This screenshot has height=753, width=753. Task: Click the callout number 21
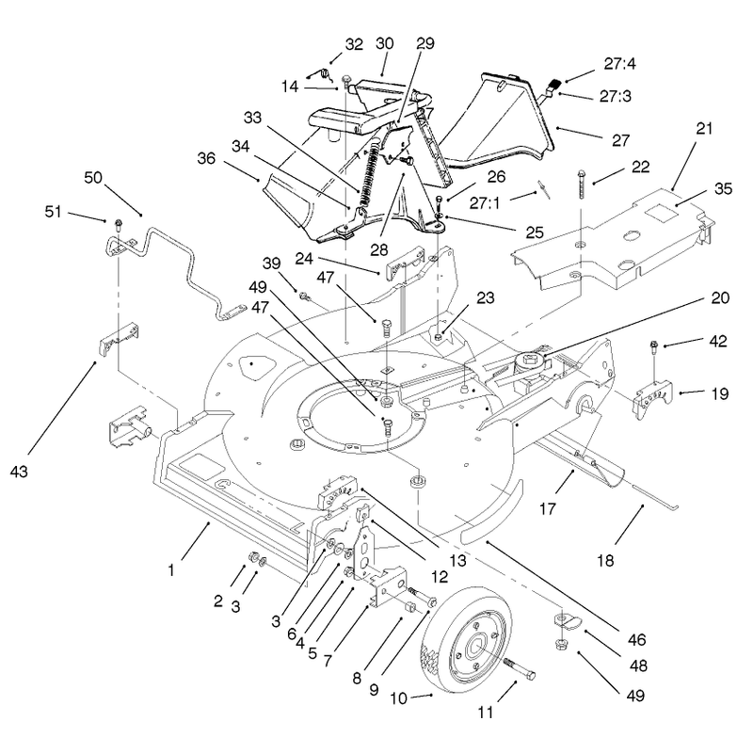pos(703,129)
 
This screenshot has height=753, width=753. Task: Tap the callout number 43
pos(19,472)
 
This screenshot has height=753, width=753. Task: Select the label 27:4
pos(620,63)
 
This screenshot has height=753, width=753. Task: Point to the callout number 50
pos(93,178)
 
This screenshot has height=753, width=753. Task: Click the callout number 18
pos(605,560)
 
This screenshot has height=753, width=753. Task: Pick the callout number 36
pos(206,158)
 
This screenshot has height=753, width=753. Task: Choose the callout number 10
pos(398,698)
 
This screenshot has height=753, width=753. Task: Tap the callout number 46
pos(637,640)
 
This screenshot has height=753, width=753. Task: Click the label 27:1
pos(485,203)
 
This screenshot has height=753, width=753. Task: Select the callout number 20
pos(720,298)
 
